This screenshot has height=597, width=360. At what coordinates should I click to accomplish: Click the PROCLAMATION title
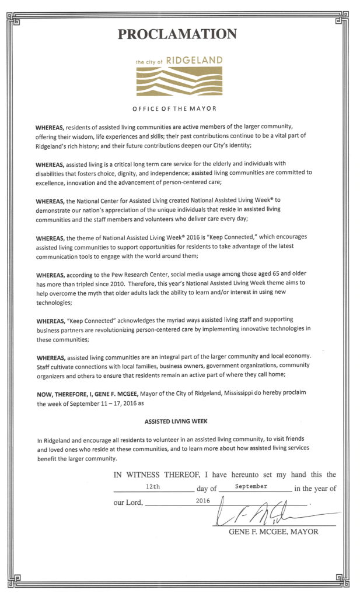[177, 34]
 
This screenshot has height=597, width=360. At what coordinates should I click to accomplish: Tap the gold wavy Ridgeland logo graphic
[179, 82]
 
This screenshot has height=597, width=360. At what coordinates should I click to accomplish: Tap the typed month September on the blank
[251, 486]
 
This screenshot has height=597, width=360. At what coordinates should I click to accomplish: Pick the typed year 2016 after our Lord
[202, 500]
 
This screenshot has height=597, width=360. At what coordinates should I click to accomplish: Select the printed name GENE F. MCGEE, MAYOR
[273, 532]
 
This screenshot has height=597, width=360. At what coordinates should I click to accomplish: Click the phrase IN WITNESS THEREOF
[155, 475]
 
